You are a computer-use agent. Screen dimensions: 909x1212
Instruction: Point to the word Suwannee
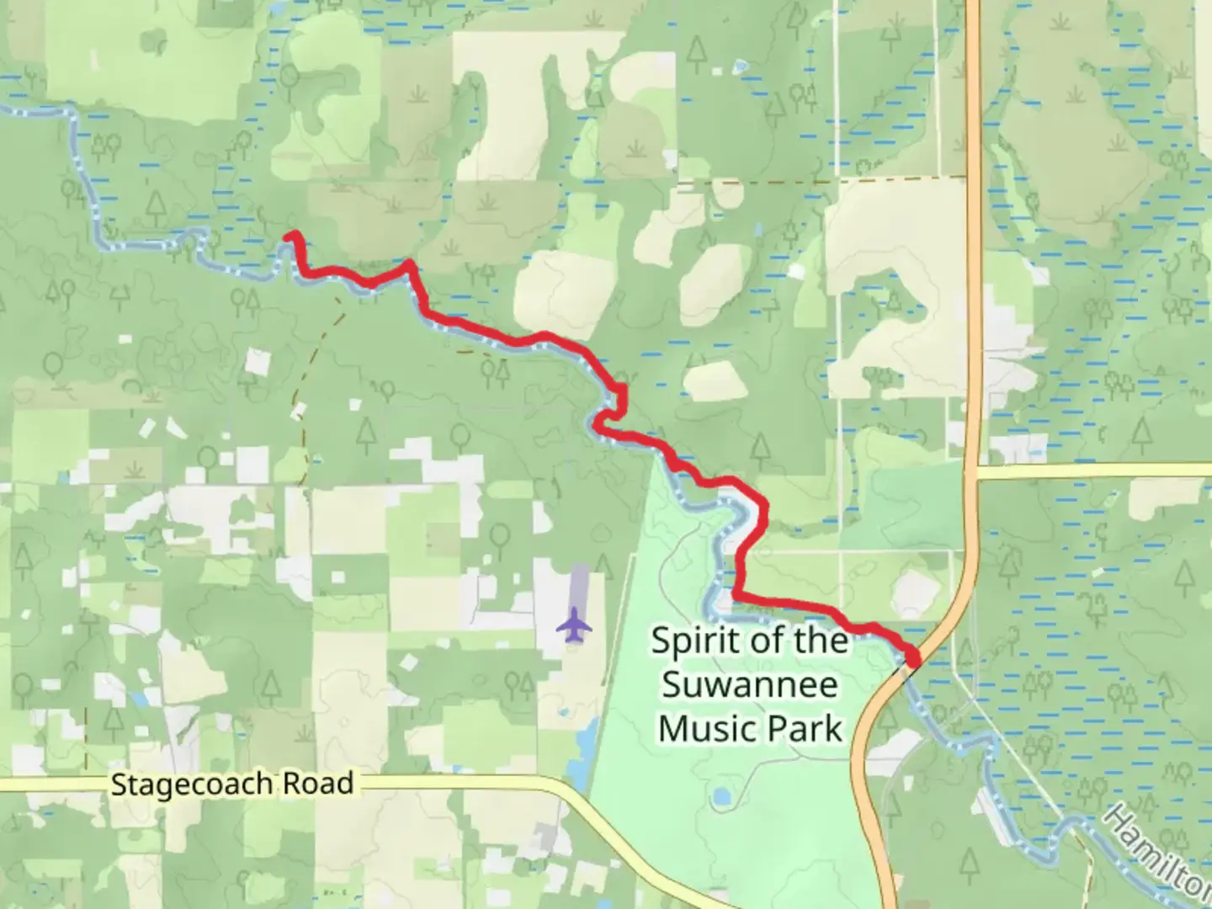tap(750, 683)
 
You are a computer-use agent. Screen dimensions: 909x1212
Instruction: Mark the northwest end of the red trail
tap(290, 237)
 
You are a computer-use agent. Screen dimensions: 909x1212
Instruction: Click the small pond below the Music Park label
tap(720, 795)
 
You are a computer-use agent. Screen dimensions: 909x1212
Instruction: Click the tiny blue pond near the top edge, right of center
tap(738, 65)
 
